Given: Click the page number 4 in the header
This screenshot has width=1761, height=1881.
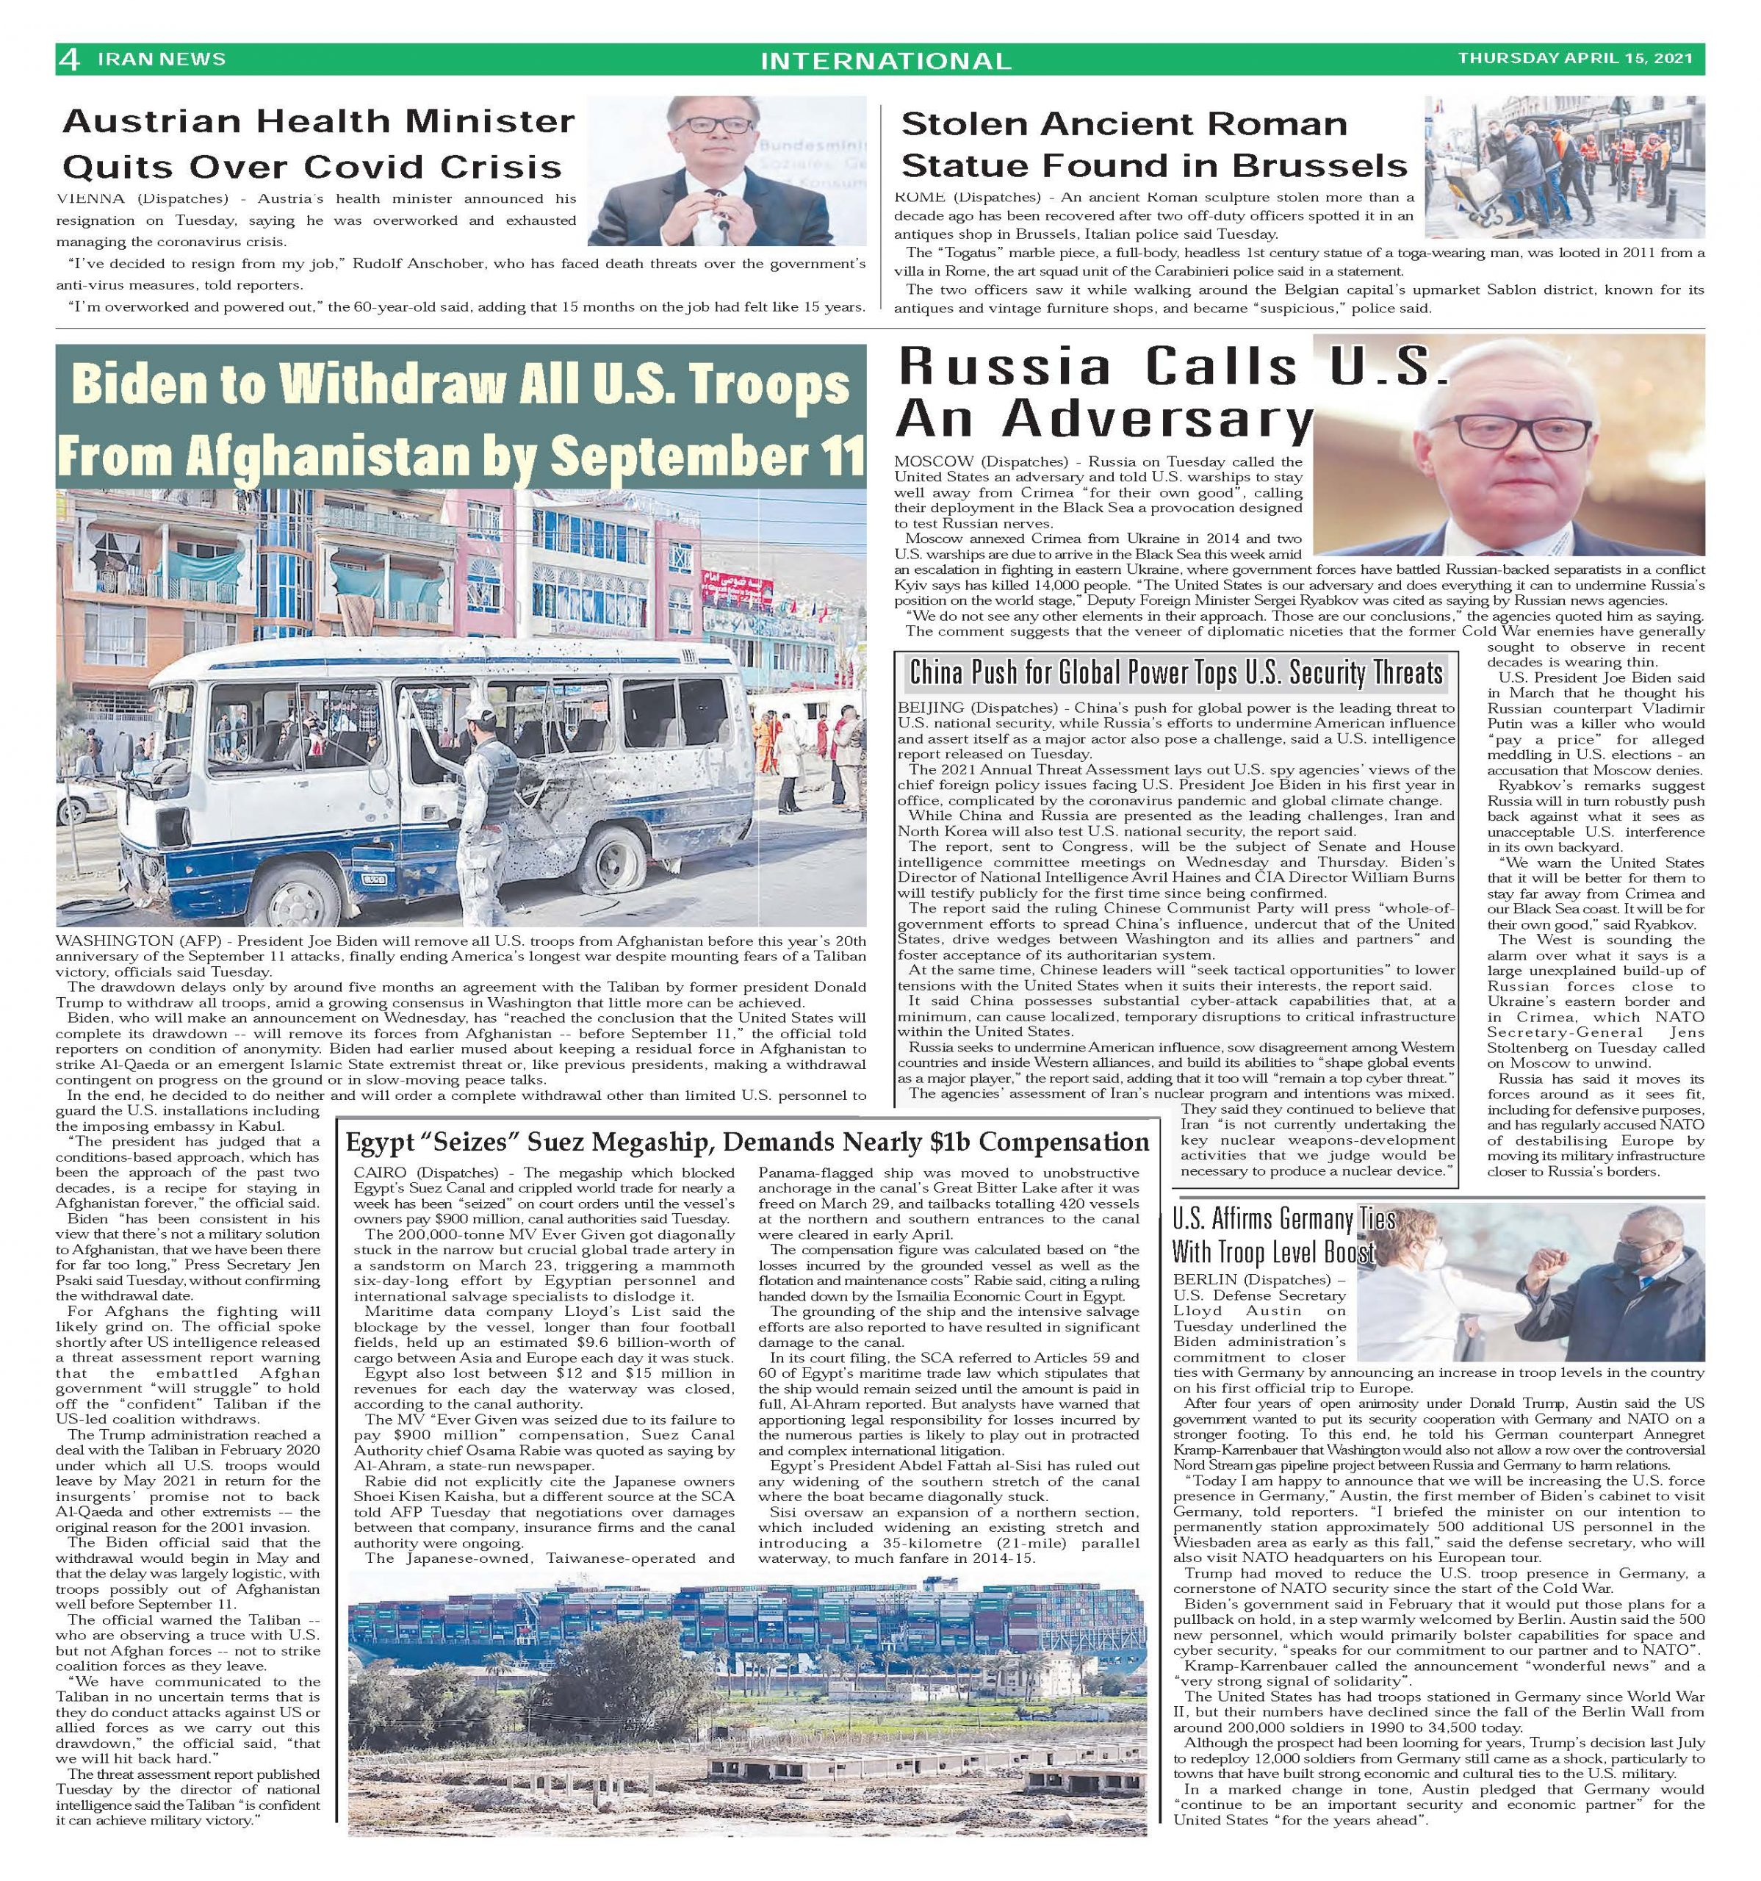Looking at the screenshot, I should point(69,60).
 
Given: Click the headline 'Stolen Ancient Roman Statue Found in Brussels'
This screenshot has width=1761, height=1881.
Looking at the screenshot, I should point(1153,145).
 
